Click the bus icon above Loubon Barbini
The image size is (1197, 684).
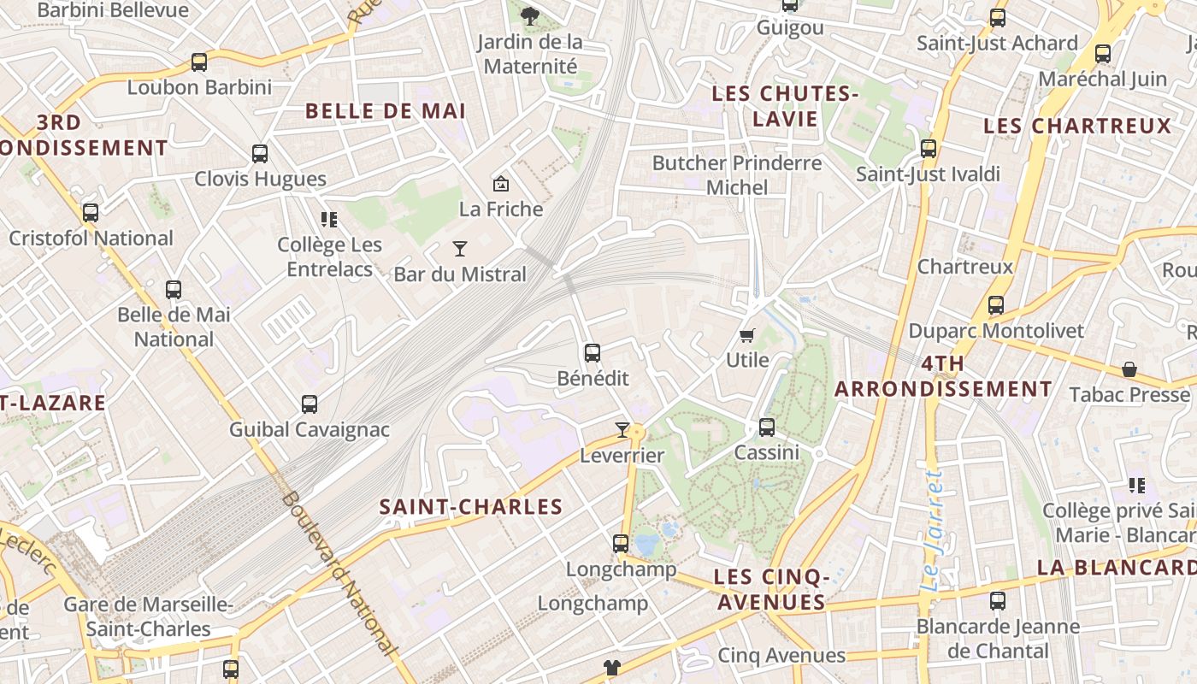click(x=199, y=62)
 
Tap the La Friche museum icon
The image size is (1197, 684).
click(x=501, y=184)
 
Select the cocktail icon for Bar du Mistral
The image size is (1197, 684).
click(x=460, y=249)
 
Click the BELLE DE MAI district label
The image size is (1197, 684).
click(x=386, y=111)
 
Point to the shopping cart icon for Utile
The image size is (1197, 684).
click(x=747, y=335)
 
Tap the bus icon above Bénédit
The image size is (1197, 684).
click(x=592, y=353)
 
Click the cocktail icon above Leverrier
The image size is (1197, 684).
click(x=622, y=430)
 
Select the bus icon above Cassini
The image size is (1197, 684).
click(x=767, y=427)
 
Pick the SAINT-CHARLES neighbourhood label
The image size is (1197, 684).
click(x=471, y=507)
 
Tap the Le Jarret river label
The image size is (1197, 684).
click(x=934, y=530)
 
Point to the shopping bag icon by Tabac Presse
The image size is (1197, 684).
click(x=1129, y=369)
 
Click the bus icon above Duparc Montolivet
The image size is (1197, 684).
click(x=995, y=305)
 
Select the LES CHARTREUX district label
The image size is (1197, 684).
click(x=1077, y=127)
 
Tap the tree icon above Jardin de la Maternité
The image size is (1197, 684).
click(x=530, y=15)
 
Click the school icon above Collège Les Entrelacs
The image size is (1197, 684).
click(x=329, y=220)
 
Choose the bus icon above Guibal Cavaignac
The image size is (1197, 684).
click(x=310, y=404)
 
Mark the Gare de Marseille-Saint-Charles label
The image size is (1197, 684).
click(x=149, y=616)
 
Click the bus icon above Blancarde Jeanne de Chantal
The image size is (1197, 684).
click(x=997, y=601)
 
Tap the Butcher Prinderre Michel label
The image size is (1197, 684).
click(x=736, y=174)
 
